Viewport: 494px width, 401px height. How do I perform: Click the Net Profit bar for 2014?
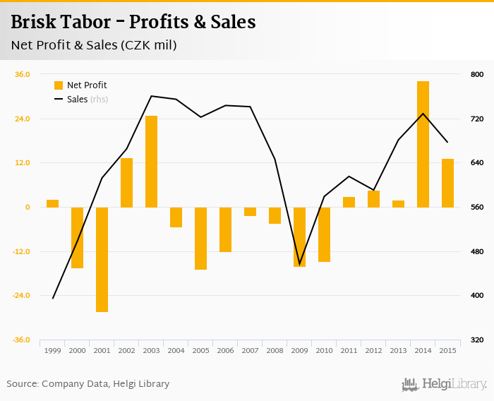423,144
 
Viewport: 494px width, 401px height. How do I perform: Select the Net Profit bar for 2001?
102,259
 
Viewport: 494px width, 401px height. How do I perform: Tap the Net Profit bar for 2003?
151,162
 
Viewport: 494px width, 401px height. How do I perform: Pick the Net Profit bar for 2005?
200,238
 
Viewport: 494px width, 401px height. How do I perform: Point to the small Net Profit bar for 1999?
52,203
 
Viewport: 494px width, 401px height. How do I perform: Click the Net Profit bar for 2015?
447,183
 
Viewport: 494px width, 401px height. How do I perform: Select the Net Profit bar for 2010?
324,234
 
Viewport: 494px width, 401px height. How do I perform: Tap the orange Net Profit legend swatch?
59,85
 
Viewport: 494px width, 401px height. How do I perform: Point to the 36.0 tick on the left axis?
23,74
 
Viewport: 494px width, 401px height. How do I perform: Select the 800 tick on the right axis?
476,74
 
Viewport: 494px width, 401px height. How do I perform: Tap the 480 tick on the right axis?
476,251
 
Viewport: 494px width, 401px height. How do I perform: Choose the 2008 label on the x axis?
275,350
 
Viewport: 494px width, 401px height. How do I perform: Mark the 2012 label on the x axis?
373,350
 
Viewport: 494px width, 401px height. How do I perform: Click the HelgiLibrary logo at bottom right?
444,384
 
